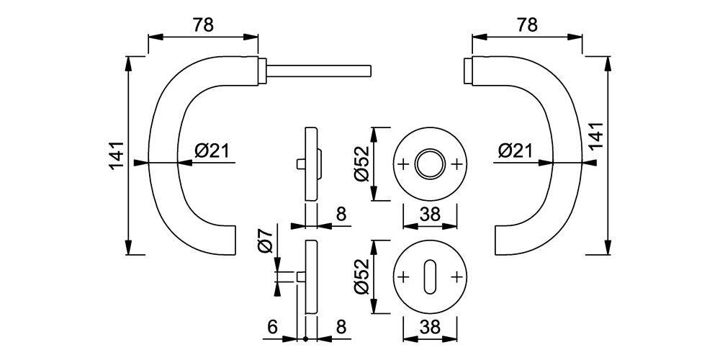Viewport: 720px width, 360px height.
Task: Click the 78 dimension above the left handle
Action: point(203,25)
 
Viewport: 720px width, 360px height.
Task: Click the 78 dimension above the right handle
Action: point(527,25)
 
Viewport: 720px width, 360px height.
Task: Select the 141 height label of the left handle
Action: point(117,156)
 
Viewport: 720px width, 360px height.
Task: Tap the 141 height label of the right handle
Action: point(596,136)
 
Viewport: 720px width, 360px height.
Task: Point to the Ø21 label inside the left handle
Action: point(211,150)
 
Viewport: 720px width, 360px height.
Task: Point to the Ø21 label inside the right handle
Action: point(515,150)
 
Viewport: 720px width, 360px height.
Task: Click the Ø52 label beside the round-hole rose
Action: point(361,163)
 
